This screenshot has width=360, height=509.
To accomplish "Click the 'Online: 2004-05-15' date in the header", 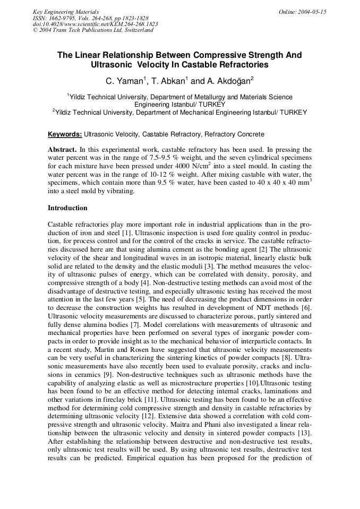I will (302, 12).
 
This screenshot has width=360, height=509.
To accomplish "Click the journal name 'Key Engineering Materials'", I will (65, 12).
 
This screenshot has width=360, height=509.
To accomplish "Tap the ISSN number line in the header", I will (90, 18).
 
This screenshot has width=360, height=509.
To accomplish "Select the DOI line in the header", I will (95, 24).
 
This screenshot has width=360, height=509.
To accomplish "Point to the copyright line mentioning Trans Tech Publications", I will (93, 30).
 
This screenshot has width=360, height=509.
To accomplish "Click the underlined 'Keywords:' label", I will (65, 134).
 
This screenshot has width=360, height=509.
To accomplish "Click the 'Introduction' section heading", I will (67, 208).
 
